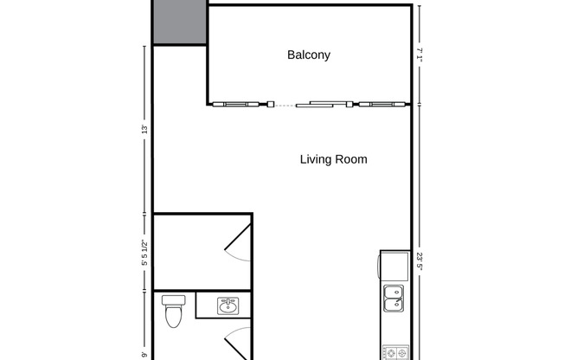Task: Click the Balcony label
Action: coord(309,55)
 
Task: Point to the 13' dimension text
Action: coord(145,130)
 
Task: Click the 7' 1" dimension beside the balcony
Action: coord(419,55)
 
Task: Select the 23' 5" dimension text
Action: coord(419,260)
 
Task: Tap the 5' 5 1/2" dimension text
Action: coord(145,252)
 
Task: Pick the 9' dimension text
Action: coord(145,353)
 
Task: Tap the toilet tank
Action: coord(174,300)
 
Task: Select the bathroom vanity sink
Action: coord(228,305)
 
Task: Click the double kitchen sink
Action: coord(393,297)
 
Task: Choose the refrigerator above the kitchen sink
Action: coord(394,264)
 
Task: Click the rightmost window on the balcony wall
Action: coord(381,105)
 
